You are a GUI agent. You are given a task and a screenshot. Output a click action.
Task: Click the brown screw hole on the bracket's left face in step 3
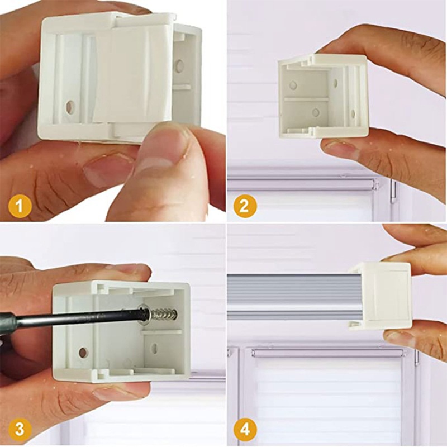(x=83, y=353)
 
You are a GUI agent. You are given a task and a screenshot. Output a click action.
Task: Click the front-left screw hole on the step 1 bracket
(x=70, y=106)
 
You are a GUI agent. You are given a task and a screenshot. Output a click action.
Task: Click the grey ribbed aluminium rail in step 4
(x=291, y=296)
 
